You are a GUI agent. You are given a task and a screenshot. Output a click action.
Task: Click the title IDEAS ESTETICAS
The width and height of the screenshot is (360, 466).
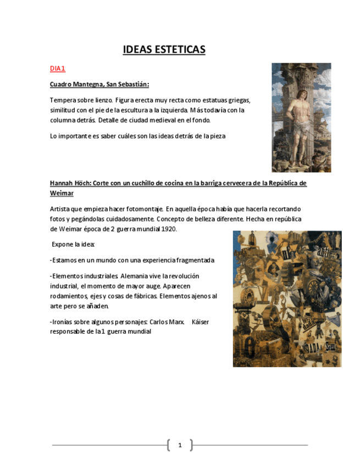point(164,50)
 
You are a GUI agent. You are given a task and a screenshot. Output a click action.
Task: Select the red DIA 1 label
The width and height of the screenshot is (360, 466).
point(58,69)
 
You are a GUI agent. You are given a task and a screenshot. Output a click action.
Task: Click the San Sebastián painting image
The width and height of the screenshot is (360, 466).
point(301,117)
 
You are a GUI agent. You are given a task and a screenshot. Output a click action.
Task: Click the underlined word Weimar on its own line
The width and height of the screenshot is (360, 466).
point(62,193)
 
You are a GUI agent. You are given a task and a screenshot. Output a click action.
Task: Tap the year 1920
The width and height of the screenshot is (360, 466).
point(168,229)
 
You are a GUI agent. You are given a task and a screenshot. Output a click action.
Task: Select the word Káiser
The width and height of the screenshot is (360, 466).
point(200,322)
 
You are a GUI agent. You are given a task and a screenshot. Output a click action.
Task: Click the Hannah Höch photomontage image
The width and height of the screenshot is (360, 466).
point(287,298)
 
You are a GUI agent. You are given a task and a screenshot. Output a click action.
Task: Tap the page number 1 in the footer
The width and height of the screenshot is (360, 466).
point(180,445)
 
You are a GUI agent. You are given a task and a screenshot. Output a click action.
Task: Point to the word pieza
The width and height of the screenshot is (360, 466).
point(215,136)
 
